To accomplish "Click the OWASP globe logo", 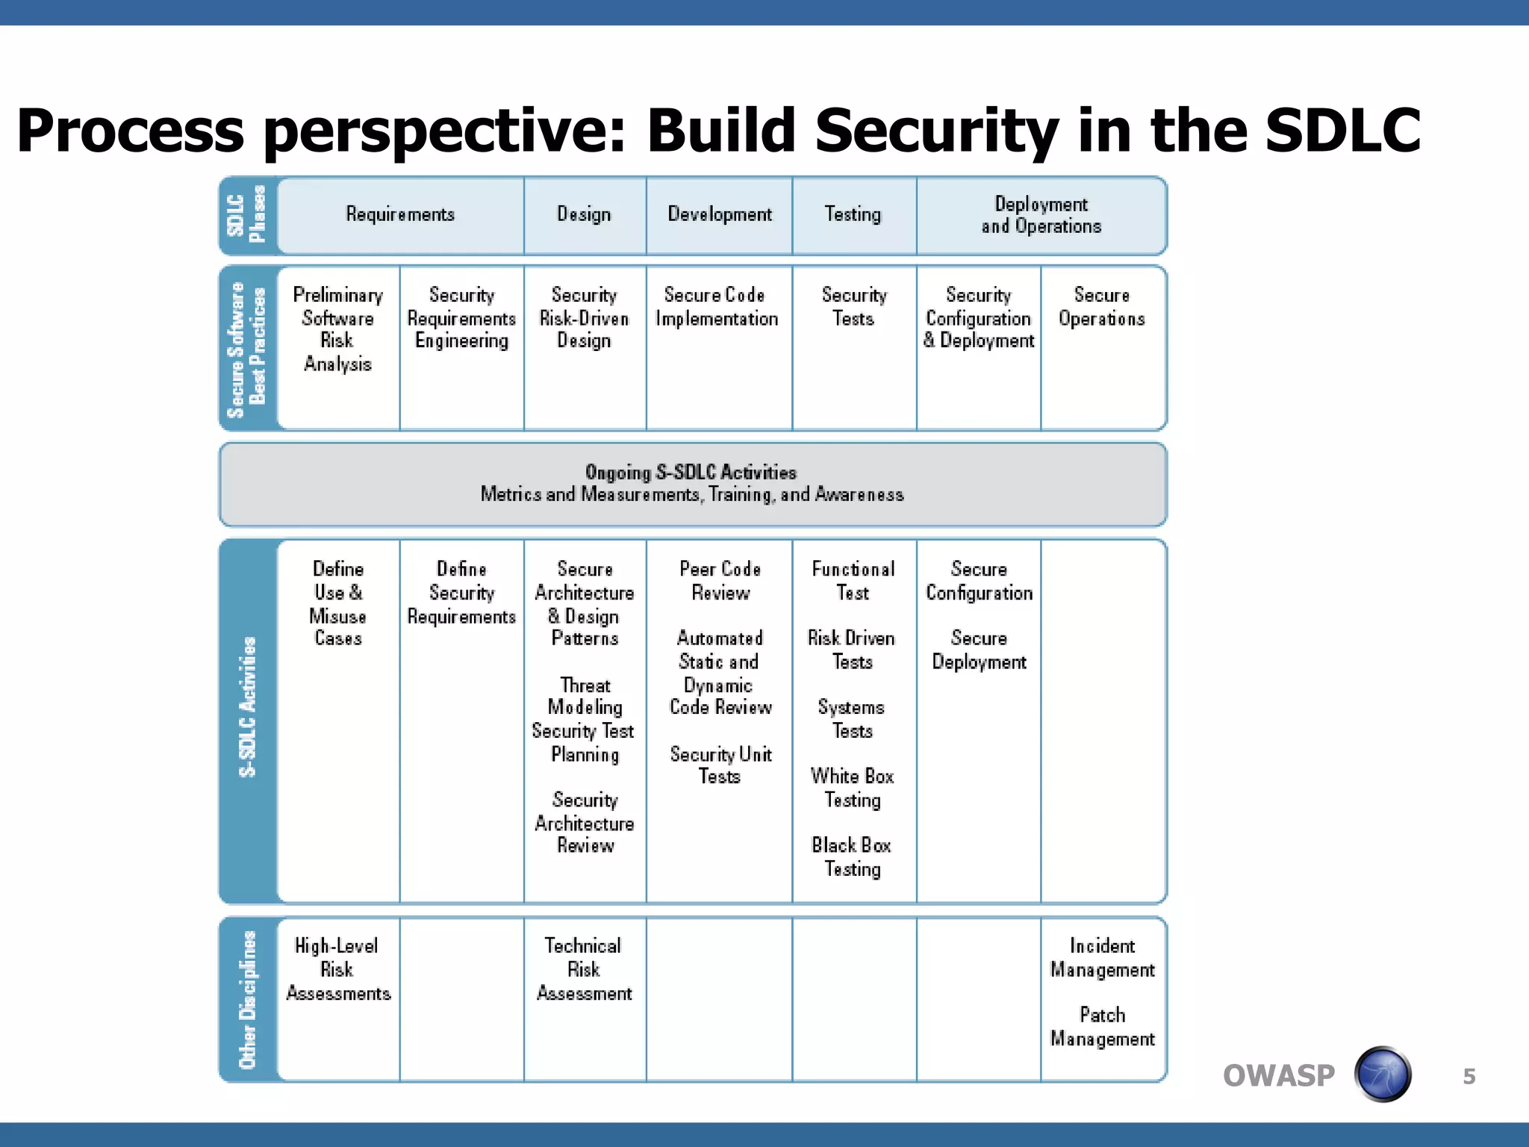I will click(1383, 1074).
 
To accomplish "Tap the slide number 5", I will click(1469, 1076).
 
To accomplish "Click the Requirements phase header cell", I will click(400, 215).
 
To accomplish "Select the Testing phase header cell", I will click(853, 215).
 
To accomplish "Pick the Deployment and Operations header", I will click(1041, 215).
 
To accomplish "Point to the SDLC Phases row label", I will click(247, 215).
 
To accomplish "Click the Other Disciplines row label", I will click(247, 999).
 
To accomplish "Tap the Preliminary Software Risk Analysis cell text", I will click(337, 329).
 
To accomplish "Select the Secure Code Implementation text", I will click(716, 307).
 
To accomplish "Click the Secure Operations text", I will click(1101, 307).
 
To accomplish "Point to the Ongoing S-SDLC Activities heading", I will click(691, 472).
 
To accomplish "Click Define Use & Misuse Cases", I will click(337, 603).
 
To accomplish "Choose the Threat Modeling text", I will click(585, 696).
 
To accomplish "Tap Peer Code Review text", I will click(720, 581).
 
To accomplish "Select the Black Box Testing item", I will click(852, 857).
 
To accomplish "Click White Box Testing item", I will click(852, 788).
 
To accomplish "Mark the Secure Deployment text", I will click(979, 650).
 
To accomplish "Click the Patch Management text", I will click(1102, 1027).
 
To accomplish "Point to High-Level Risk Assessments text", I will click(337, 969).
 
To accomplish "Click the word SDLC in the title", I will click(1342, 131).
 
